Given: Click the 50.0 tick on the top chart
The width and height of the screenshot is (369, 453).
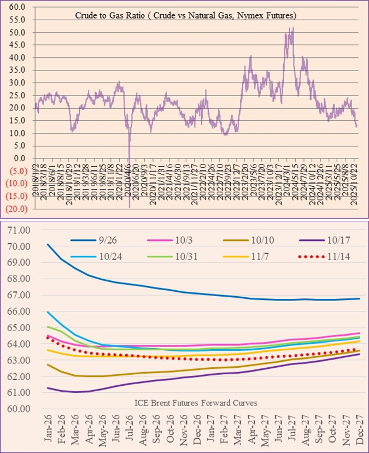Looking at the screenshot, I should [17, 33].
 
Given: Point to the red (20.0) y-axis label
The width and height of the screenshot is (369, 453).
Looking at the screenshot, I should [15, 209].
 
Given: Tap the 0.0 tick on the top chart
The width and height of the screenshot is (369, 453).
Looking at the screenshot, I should [19, 158].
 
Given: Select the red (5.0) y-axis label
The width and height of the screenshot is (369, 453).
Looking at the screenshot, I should [16, 171].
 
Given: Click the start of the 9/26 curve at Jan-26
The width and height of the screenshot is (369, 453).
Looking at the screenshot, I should [48, 244].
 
